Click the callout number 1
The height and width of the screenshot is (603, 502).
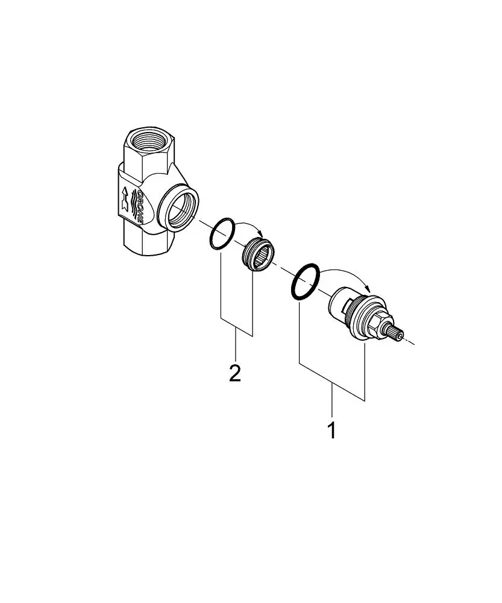[331, 431]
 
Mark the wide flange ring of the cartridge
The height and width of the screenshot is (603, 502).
[365, 311]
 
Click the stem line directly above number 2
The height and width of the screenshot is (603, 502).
[236, 347]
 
